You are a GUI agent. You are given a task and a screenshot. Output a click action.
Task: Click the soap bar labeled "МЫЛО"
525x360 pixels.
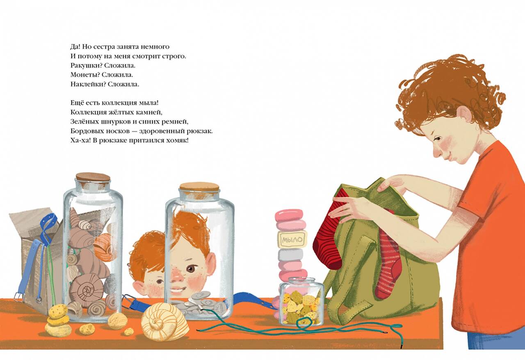tap(292, 240)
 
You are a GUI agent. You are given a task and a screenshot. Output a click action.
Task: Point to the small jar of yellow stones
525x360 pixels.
tap(302, 301)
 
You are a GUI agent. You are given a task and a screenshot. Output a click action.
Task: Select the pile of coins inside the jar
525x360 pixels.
tap(201, 305)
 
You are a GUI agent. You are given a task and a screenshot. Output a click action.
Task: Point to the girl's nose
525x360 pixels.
tap(436, 151)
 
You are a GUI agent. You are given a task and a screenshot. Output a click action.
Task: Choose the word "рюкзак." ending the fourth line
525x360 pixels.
tap(199, 132)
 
